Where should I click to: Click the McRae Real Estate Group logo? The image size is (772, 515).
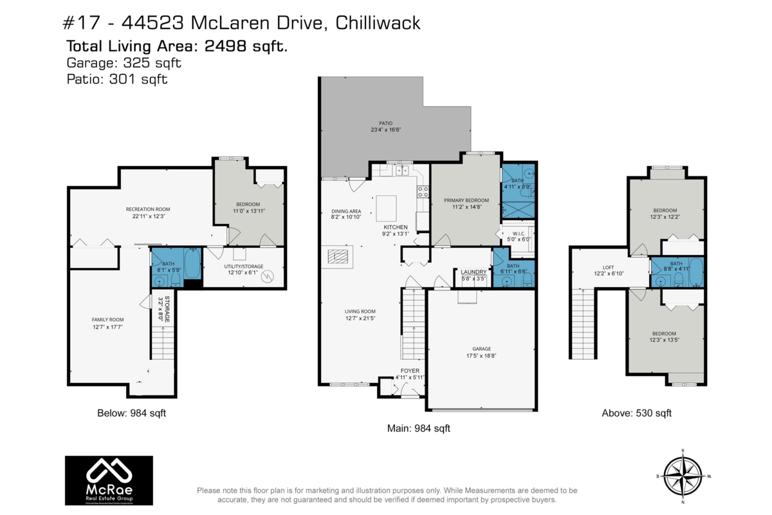109,480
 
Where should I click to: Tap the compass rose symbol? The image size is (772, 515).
683,476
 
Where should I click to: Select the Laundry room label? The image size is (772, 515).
473,272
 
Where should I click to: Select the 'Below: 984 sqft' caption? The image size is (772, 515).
127,413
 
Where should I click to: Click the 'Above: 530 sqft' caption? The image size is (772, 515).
636,413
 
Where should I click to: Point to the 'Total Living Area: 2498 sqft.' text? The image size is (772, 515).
177,46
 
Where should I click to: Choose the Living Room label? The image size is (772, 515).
360,315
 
